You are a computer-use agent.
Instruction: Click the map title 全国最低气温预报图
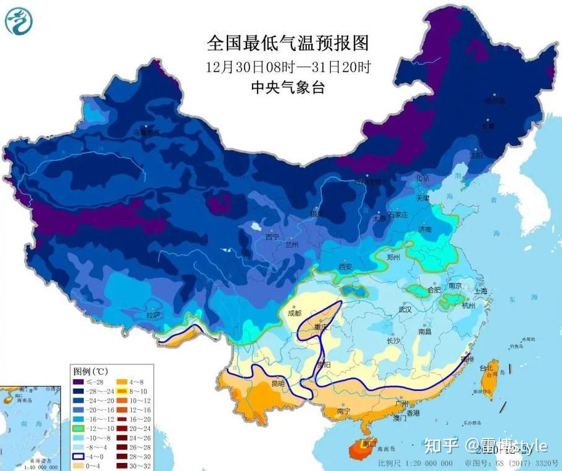coord(288,43)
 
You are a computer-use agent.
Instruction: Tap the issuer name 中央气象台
coord(288,87)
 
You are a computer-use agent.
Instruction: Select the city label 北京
coord(422,178)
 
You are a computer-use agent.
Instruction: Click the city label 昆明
coord(279,384)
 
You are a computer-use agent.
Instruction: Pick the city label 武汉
coord(404,310)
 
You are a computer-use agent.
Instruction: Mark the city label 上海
coord(480,291)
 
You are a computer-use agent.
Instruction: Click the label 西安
coord(345,267)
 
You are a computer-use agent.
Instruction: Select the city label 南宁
coord(344,411)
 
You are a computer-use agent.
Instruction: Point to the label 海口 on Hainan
coord(370,443)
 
